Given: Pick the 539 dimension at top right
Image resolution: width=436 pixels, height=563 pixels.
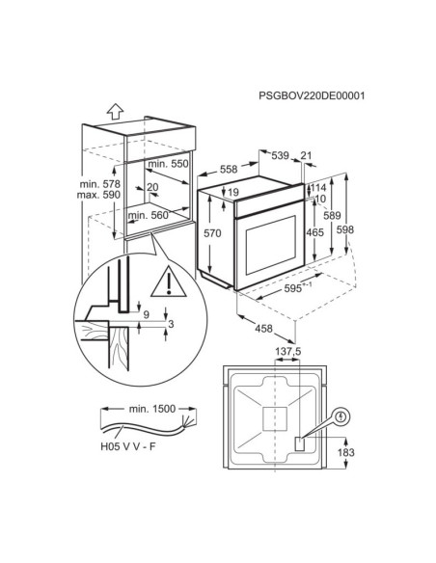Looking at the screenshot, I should [280, 155].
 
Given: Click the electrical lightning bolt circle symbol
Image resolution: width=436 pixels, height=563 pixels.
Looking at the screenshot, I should [341, 416].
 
